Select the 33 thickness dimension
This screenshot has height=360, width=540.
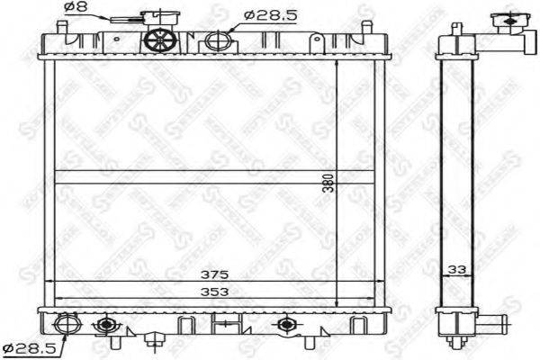click(x=459, y=267)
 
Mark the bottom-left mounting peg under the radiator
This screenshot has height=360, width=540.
click(x=114, y=344)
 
